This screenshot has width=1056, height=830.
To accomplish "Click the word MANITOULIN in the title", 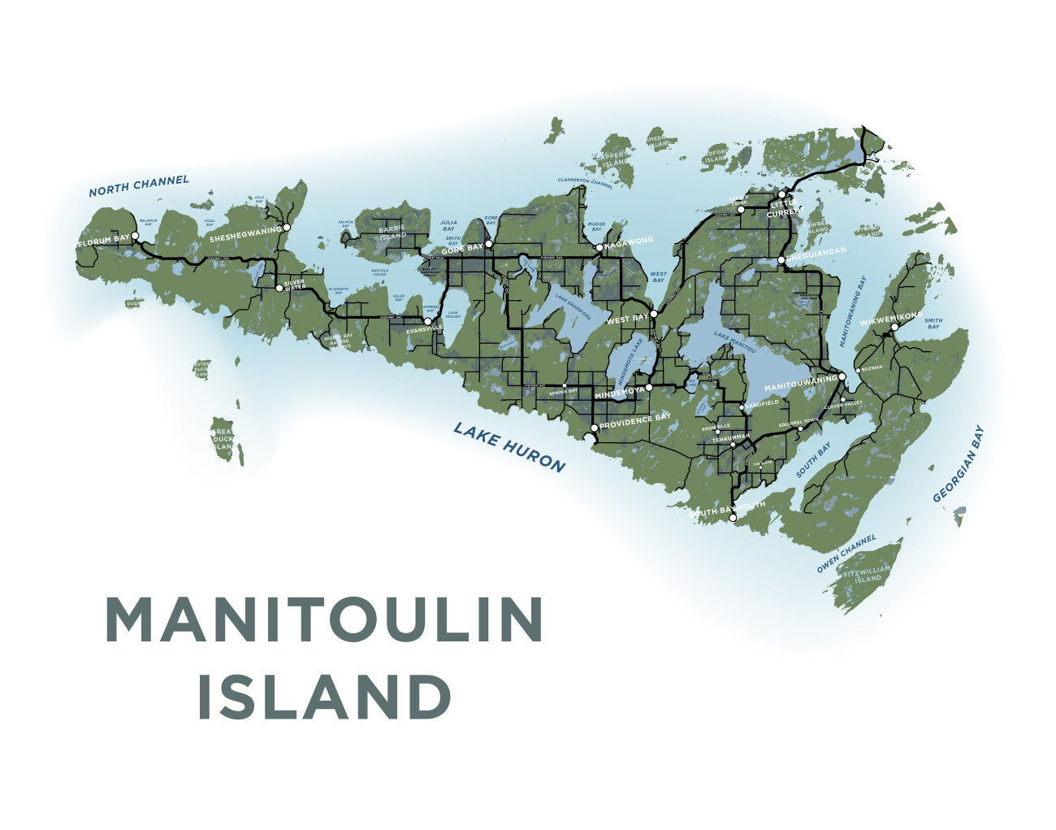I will (324, 621).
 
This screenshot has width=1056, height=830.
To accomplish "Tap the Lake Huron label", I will (509, 446).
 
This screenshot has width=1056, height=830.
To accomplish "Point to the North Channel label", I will (139, 186).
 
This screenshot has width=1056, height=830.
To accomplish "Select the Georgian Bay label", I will (959, 464).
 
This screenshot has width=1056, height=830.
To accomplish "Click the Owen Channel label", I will (846, 554).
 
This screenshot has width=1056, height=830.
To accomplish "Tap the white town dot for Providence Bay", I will (595, 428).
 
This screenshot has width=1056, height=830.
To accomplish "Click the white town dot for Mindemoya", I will (649, 388).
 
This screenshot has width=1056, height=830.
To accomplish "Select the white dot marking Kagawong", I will (599, 247).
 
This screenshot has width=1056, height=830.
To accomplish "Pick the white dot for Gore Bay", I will (489, 243).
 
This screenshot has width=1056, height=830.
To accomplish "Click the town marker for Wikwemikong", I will (894, 328).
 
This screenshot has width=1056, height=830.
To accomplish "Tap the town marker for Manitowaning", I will (842, 376).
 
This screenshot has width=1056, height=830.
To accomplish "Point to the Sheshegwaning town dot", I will (287, 228).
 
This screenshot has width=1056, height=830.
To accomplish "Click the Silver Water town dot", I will (279, 287).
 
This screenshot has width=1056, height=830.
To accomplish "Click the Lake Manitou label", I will (735, 341).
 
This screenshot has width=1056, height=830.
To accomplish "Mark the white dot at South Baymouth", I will (733, 517).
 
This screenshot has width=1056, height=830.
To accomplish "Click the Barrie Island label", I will (392, 209).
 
